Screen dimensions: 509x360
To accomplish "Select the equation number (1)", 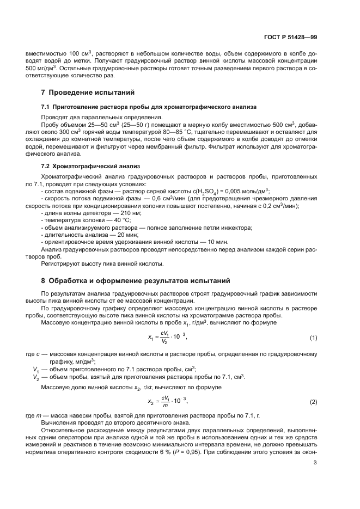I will (313, 338).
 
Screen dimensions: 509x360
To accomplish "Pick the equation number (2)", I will (313, 402).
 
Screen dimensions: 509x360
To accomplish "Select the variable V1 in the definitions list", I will (36, 369).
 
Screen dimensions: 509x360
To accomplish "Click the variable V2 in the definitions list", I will (36, 377).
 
